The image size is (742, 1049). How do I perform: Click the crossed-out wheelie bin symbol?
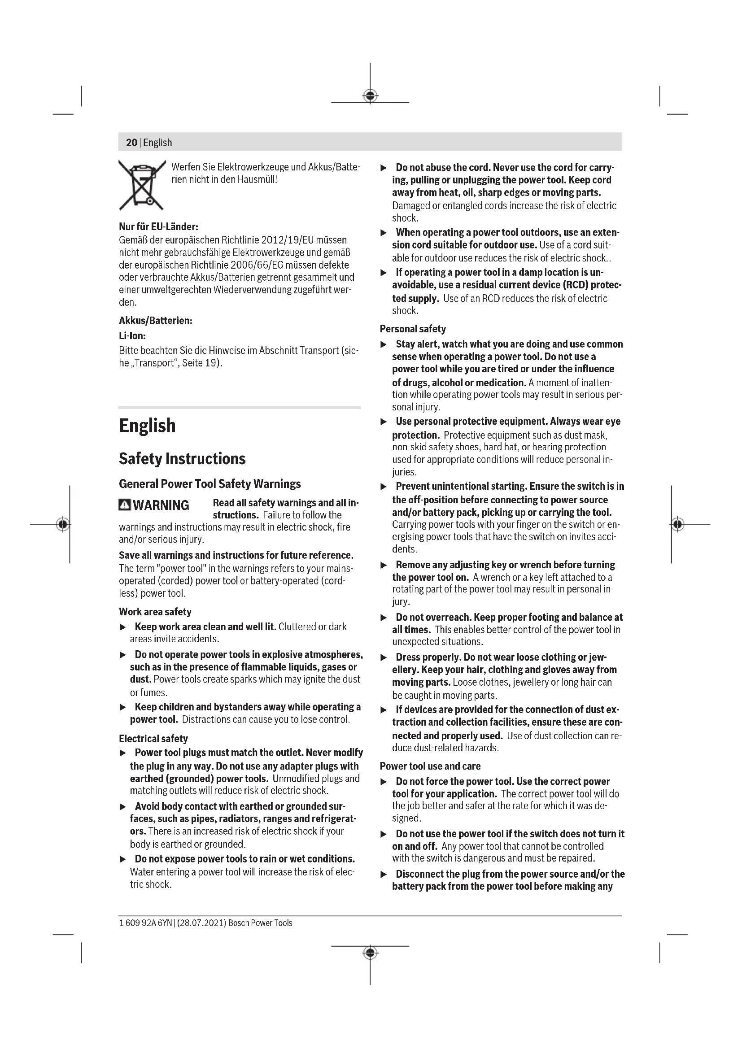142,185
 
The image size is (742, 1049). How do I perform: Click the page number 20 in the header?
131,143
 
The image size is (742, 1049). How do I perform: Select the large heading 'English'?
147,426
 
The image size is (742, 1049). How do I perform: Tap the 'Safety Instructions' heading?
182,459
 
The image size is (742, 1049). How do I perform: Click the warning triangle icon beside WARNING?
124,505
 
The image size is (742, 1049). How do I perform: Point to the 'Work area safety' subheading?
155,612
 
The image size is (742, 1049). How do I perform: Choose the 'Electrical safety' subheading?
153,739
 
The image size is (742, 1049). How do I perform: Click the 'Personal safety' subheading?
413,329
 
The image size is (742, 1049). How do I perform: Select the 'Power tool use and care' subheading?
430,766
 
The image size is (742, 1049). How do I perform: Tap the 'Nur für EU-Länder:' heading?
158,226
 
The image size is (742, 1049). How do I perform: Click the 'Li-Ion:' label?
132,336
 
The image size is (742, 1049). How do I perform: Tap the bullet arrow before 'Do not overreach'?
384,618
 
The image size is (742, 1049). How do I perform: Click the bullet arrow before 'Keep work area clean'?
122,627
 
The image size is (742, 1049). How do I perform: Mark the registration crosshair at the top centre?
370,96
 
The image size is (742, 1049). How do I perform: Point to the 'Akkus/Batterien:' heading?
155,321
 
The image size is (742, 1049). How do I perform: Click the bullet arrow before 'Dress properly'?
384,657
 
